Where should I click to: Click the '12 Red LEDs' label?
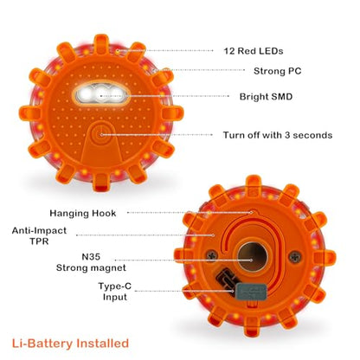[x=254, y=51]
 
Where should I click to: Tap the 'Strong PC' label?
[x=278, y=71]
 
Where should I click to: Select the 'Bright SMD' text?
[x=266, y=96]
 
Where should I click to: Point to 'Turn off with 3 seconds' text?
[x=278, y=135]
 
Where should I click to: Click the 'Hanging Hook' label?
[x=83, y=213]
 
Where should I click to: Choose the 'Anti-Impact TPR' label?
[x=39, y=235]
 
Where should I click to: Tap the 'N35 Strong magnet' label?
[x=91, y=262]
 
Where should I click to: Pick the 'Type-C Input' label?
[x=115, y=292]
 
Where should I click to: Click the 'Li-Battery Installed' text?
[x=70, y=344]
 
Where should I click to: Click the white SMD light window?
[x=101, y=94]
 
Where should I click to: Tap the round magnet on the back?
[x=253, y=257]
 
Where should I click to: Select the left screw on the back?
[x=212, y=255]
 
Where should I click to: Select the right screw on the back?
[x=295, y=256]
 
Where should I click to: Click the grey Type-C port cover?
[x=251, y=292]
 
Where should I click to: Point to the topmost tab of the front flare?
[x=101, y=43]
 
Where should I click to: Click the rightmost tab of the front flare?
[x=172, y=113]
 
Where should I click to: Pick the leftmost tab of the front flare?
[x=30, y=113]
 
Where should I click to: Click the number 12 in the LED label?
[x=228, y=51]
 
